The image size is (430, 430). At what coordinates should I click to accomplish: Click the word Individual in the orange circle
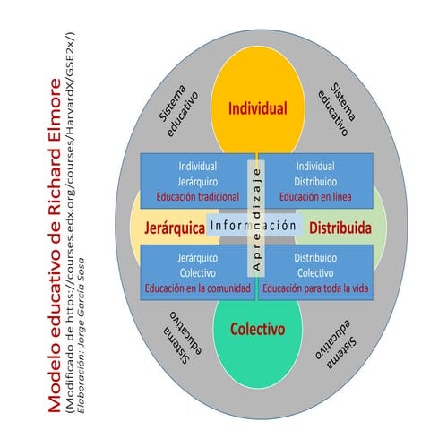[257, 108]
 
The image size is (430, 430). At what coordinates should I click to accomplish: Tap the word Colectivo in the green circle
[257, 329]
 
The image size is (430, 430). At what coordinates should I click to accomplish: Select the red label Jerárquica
[175, 228]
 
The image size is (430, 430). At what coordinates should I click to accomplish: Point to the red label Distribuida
[340, 228]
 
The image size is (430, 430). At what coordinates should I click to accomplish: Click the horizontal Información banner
[254, 225]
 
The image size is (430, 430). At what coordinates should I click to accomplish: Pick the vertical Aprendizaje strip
[256, 219]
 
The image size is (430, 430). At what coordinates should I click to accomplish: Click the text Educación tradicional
[198, 197]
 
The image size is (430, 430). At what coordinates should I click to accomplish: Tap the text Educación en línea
[315, 197]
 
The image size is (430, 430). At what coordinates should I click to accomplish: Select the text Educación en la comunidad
[198, 288]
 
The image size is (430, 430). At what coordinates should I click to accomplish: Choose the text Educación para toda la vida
[315, 288]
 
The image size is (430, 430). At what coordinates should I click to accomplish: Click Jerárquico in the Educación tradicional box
[198, 182]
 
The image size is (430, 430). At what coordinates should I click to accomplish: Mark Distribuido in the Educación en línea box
[315, 182]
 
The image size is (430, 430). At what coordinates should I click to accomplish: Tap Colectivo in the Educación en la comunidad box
[198, 273]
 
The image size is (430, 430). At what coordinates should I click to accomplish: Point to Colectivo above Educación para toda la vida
[315, 273]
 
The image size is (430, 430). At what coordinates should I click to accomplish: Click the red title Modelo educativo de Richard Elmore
[55, 245]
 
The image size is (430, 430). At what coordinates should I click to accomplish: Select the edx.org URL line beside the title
[71, 222]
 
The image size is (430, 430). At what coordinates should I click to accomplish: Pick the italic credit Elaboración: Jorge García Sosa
[81, 336]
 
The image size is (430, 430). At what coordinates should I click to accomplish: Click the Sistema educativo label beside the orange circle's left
[178, 110]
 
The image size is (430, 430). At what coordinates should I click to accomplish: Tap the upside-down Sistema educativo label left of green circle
[182, 338]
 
